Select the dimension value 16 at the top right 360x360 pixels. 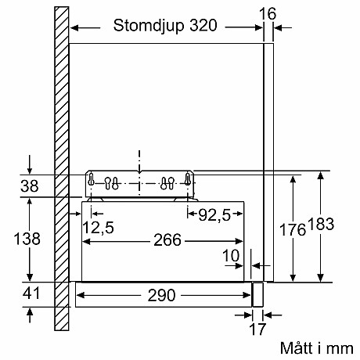pyautogui.click(x=268, y=13)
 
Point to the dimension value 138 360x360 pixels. pyautogui.click(x=28, y=239)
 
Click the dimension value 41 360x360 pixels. pyautogui.click(x=29, y=294)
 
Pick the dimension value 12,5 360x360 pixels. pyautogui.click(x=98, y=227)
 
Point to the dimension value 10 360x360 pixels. pyautogui.click(x=232, y=255)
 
